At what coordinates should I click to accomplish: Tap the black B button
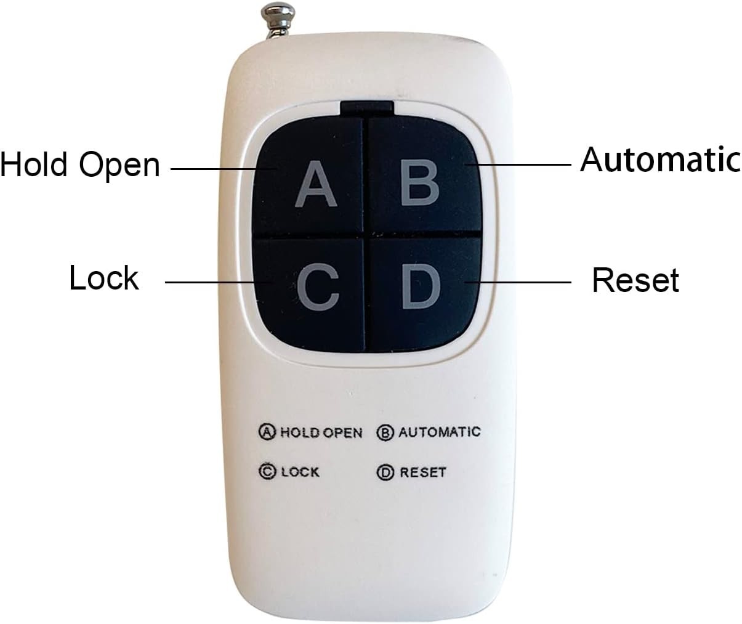point(421,179)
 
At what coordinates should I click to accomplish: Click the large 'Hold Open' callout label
point(80,164)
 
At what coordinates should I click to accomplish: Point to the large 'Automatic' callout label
point(659,160)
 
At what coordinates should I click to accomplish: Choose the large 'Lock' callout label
point(103,278)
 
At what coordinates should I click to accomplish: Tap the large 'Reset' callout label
point(635,280)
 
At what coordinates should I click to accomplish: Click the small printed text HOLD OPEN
point(321,432)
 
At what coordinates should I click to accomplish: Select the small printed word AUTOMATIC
point(439,431)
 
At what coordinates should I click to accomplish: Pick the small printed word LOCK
point(300,472)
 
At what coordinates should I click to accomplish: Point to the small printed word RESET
point(422,472)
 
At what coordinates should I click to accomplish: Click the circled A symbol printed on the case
point(267,432)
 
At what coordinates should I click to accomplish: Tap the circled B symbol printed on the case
point(385,432)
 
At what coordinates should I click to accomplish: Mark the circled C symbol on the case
point(267,472)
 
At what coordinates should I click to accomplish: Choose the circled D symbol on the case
point(385,473)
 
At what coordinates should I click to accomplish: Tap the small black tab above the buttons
point(366,108)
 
